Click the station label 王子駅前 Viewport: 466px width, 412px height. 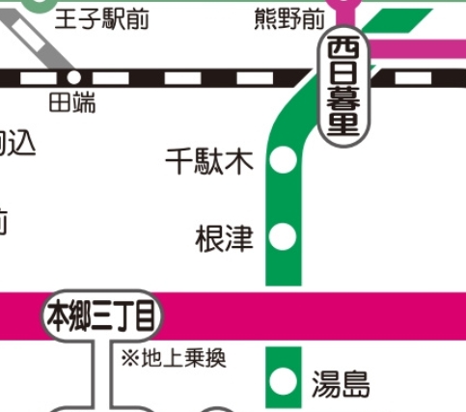pos(102,18)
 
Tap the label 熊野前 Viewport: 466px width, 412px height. pos(289,18)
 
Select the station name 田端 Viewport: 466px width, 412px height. pos(72,101)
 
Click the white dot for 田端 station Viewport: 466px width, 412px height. pos(73,76)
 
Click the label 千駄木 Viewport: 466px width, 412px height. pos(209,161)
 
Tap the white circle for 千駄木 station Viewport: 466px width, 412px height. pos(284,161)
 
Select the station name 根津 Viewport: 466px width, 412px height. pos(224,236)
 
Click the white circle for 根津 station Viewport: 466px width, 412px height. pos(284,235)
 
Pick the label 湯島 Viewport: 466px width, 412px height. pos(340,385)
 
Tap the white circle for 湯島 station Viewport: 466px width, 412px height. pos(284,381)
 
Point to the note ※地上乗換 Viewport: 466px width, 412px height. pos(174,359)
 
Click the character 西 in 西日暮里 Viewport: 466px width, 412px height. pos(344,47)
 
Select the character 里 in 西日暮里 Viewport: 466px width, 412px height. pos(344,125)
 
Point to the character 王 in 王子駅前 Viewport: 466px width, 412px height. pos(68,18)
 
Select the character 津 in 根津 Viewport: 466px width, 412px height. pos(238,236)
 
